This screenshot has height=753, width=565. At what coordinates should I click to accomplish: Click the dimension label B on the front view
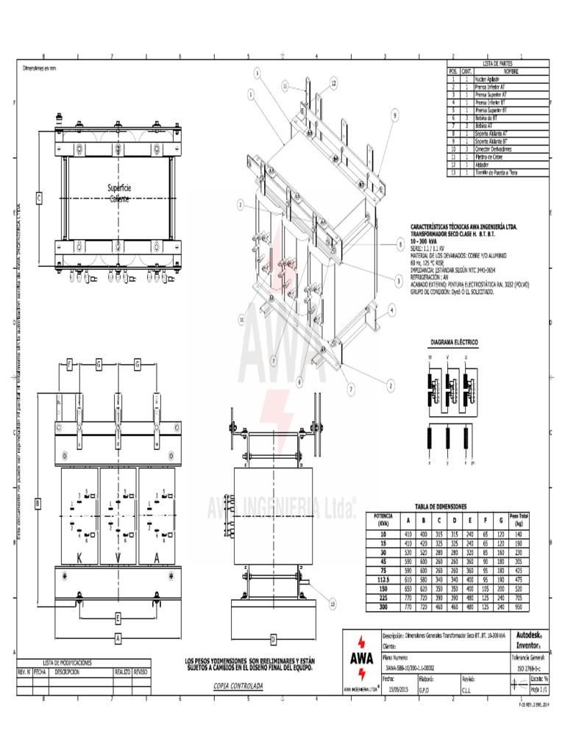[x=38, y=503]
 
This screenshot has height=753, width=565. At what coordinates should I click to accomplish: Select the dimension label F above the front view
[x=69, y=364]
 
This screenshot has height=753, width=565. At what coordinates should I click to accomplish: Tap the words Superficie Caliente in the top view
[x=119, y=193]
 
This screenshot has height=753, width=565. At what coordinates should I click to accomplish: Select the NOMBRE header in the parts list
[x=511, y=71]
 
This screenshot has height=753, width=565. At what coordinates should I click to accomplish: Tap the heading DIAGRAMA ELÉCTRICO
[x=454, y=343]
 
